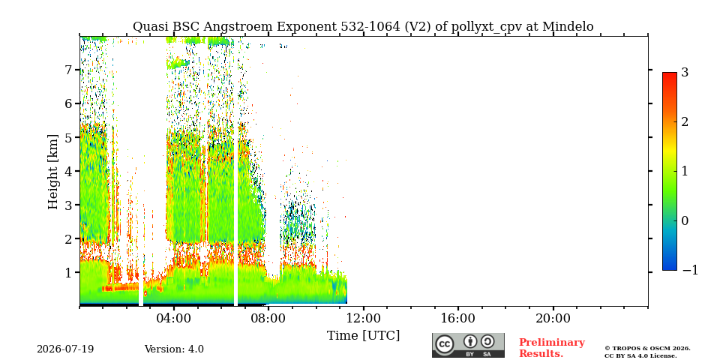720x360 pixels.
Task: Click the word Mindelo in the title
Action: pyautogui.click(x=568, y=27)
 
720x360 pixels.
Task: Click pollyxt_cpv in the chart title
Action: pyautogui.click(x=487, y=28)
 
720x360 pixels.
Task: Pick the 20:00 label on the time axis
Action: pyautogui.click(x=553, y=318)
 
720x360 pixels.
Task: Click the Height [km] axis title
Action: pyautogui.click(x=54, y=171)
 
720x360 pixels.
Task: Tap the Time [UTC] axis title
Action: pyautogui.click(x=363, y=336)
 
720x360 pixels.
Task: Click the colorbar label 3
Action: pyautogui.click(x=685, y=72)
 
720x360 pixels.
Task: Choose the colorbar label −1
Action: pyautogui.click(x=690, y=271)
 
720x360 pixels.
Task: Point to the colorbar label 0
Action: pyautogui.click(x=685, y=220)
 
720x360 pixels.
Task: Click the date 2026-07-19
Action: pyautogui.click(x=65, y=349)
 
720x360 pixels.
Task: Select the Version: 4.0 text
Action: pyautogui.click(x=174, y=349)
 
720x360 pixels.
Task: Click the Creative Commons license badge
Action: pyautogui.click(x=468, y=345)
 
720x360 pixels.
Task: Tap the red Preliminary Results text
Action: pyautogui.click(x=552, y=348)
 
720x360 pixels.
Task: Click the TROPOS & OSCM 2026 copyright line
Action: pyautogui.click(x=647, y=349)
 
